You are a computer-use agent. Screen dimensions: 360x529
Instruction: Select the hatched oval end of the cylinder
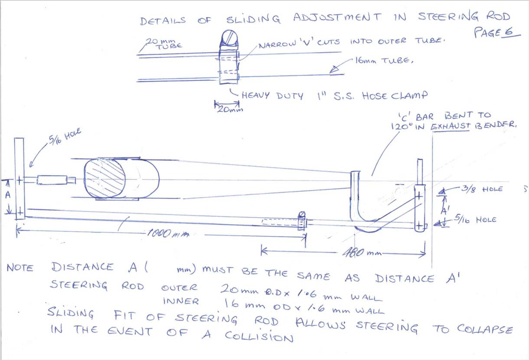104,178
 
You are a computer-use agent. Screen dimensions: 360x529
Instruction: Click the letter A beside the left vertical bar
7,195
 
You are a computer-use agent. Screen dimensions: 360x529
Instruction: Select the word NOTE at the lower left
20,268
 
